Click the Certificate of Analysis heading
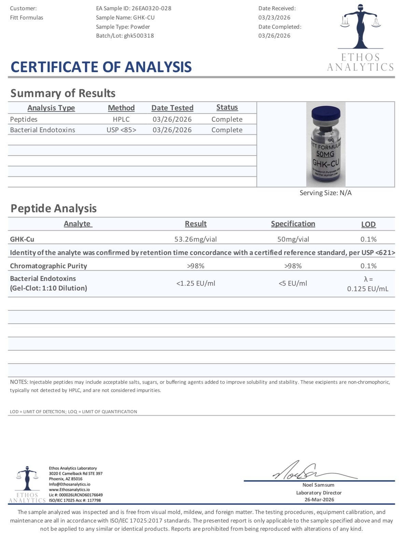[101, 67]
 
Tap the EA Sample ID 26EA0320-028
[151, 8]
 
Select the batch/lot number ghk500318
[139, 36]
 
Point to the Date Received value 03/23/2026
[274, 17]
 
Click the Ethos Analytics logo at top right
[360, 37]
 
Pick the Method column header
[121, 108]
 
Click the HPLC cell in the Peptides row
[121, 119]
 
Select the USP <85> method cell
[121, 130]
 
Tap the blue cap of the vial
[326, 112]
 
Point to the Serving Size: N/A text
[325, 193]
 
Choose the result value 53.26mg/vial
[196, 239]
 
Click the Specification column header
[293, 224]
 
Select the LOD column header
[369, 225]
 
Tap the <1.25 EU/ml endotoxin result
[196, 283]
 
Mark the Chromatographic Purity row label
[48, 266]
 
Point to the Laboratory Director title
[319, 493]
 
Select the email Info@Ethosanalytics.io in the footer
[70, 484]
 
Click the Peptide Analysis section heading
[54, 208]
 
